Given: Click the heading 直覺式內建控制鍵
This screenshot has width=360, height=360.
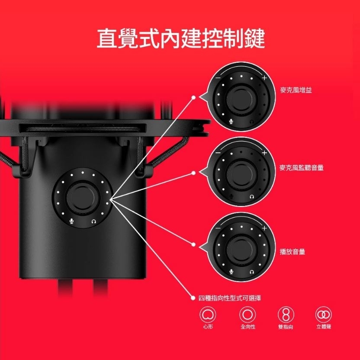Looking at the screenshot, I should (x=180, y=39).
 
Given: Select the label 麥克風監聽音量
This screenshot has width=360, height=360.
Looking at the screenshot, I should (x=302, y=167).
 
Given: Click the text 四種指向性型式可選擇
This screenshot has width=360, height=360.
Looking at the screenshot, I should (x=229, y=298).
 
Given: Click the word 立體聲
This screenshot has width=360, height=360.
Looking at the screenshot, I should (x=324, y=327).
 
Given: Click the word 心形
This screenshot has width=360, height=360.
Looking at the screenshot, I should (x=208, y=327).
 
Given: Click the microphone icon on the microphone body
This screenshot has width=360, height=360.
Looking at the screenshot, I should (x=72, y=221).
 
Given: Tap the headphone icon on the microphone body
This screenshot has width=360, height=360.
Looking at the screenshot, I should (x=93, y=221).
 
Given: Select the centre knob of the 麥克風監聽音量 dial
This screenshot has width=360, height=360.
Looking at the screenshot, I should (x=241, y=171).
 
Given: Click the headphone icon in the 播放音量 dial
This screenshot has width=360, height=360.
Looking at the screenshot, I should (x=252, y=272).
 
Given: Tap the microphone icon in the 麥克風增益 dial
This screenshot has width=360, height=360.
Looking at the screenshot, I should (x=231, y=122).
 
